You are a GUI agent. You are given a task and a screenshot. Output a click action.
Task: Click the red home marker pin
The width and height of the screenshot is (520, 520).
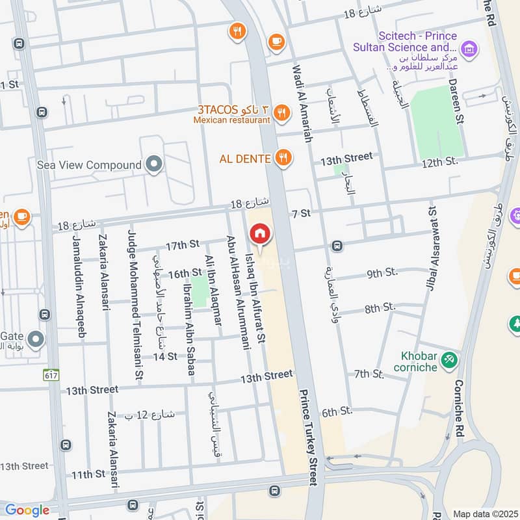259,233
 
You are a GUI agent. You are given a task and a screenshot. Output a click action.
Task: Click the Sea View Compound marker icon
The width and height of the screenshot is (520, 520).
154,165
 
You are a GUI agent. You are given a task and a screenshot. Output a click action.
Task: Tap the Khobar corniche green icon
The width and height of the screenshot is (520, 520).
448,359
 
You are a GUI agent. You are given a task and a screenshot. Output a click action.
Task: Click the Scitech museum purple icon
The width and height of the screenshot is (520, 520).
467,47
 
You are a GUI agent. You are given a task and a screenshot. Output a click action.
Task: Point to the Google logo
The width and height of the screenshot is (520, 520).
27,510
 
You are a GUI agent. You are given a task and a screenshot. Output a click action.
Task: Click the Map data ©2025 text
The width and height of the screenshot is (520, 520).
484,513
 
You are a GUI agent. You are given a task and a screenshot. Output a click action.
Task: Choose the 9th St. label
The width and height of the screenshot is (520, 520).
382,274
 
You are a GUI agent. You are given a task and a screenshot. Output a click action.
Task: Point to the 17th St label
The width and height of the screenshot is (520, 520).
182,246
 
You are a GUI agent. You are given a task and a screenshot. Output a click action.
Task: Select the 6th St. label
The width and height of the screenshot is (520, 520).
337,411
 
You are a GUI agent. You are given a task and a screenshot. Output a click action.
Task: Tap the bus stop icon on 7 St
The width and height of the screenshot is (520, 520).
337,246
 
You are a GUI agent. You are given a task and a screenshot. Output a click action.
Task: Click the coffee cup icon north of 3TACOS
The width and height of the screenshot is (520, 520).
276,40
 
